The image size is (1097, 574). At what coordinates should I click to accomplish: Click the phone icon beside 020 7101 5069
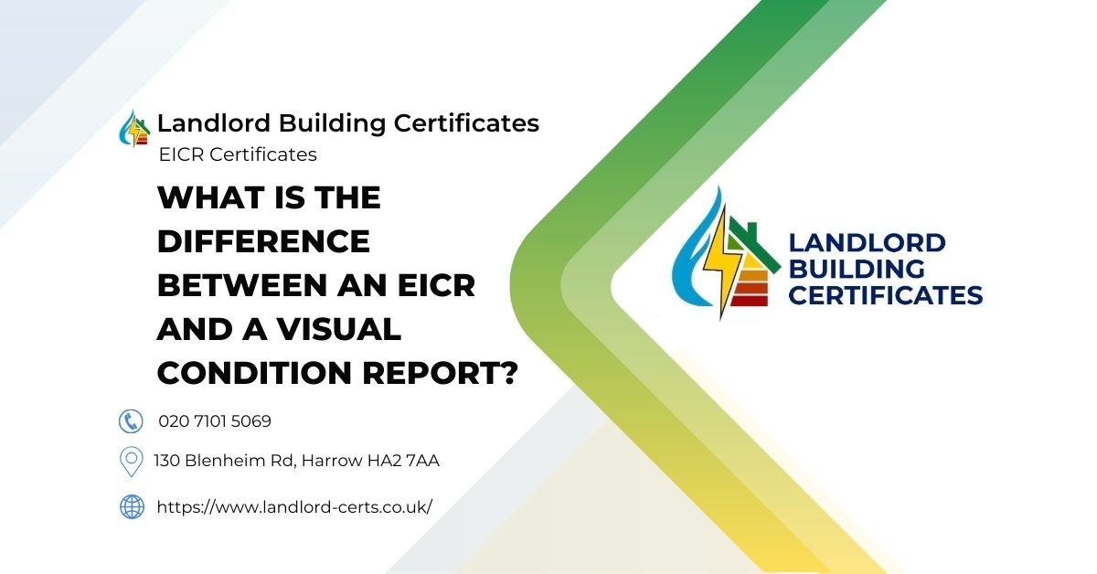[132, 421]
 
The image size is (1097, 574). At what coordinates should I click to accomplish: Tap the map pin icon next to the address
[132, 461]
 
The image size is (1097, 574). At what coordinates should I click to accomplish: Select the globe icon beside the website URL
[132, 506]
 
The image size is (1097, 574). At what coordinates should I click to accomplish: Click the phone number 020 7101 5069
[215, 421]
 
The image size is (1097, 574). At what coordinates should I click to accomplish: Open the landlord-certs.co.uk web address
[293, 506]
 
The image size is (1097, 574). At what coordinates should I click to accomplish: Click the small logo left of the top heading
[136, 128]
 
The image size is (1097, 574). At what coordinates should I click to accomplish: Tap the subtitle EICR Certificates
[238, 154]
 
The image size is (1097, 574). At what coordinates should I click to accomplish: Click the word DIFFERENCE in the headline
[263, 241]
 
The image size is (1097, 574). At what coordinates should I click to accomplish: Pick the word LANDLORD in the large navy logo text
[866, 243]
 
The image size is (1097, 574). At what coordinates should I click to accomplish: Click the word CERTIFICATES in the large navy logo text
[885, 295]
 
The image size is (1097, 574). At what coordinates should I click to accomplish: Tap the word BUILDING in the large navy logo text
[856, 270]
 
